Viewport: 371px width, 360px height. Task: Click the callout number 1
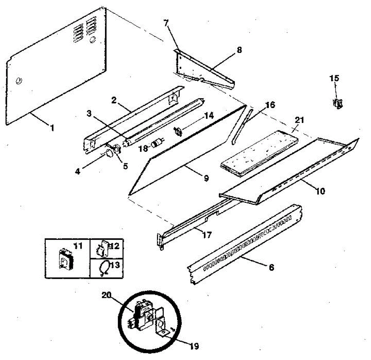(52, 128)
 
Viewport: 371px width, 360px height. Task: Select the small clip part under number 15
(338, 104)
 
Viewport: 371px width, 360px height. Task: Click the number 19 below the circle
(194, 346)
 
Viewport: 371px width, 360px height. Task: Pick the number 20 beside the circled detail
(106, 295)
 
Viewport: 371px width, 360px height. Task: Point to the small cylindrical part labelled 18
(156, 144)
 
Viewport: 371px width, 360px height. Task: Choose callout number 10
(320, 191)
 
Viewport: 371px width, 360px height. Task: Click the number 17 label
(207, 235)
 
